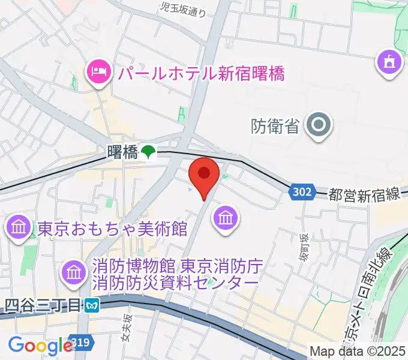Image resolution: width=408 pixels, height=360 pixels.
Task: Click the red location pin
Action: pyautogui.click(x=204, y=175)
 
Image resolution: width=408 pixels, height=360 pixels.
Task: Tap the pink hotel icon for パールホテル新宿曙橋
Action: pyautogui.click(x=97, y=73)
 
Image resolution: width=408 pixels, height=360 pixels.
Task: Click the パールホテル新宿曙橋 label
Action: pyautogui.click(x=200, y=74)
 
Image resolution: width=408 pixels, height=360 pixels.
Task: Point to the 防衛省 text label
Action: pyautogui.click(x=275, y=126)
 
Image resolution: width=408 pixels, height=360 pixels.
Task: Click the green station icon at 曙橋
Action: pyautogui.click(x=148, y=152)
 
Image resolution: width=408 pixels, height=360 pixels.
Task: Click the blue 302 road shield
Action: pyautogui.click(x=302, y=192)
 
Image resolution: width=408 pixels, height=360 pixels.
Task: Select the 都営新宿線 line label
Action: pyautogui.click(x=365, y=194)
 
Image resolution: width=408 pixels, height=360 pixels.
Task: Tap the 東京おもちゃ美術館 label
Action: pyautogui.click(x=113, y=229)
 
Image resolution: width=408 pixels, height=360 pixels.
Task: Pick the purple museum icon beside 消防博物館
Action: pyautogui.click(x=73, y=272)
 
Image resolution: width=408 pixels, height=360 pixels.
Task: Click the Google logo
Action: pyautogui.click(x=40, y=345)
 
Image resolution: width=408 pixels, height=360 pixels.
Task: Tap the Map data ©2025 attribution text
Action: pyautogui.click(x=356, y=351)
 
